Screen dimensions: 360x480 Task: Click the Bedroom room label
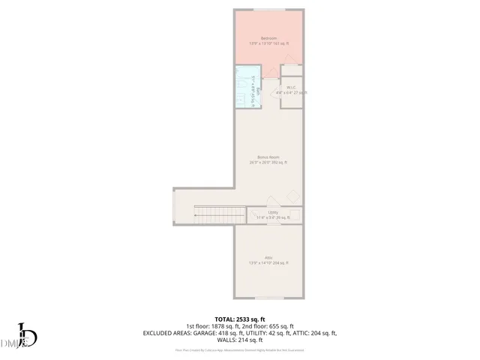[268, 38]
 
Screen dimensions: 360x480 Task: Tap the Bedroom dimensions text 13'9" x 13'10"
[268, 44]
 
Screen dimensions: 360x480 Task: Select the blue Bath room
[247, 88]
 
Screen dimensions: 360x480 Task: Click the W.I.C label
[292, 87]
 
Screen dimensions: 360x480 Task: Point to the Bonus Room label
[268, 157]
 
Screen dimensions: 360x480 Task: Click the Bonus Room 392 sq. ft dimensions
[268, 163]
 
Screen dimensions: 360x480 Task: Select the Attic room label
[268, 257]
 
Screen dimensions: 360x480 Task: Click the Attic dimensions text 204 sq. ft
[268, 263]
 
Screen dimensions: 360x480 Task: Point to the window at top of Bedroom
[268, 10]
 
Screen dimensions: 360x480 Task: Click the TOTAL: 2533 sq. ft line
[240, 319]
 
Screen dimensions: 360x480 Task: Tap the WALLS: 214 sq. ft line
[240, 339]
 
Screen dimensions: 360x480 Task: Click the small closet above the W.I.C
[292, 70]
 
